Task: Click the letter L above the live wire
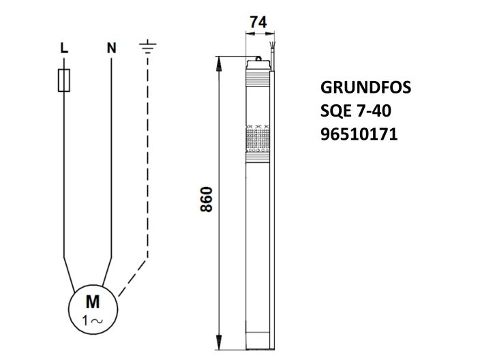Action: (63, 48)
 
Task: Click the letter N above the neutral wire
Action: (111, 48)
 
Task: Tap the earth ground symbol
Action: (147, 47)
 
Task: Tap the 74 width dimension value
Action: (257, 22)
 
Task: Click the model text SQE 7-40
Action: (355, 112)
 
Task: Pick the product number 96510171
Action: (358, 135)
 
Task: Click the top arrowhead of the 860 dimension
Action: (219, 63)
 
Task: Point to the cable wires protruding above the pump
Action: (272, 51)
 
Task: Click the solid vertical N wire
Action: (111, 157)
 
